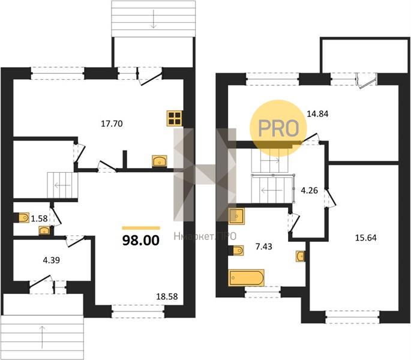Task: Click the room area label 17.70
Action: pos(112,124)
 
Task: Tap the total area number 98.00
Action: pos(141,241)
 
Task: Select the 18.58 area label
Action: pos(167,296)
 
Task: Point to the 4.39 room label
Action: pos(52,260)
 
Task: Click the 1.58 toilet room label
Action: pos(40,218)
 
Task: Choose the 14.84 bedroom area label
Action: pos(317,114)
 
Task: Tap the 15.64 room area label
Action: pos(366,238)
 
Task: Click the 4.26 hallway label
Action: pos(309,191)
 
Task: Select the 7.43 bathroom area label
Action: pos(263,247)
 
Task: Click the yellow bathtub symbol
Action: pos(247,278)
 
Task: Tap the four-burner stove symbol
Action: pos(175,118)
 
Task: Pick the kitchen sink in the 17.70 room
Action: pos(160,161)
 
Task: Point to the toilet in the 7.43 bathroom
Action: pos(238,250)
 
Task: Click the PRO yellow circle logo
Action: pos(278,128)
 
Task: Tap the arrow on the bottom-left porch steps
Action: pos(42,337)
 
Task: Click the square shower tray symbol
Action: pos(236,217)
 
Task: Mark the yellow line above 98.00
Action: pos(141,228)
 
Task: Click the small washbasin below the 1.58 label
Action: pos(44,231)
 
